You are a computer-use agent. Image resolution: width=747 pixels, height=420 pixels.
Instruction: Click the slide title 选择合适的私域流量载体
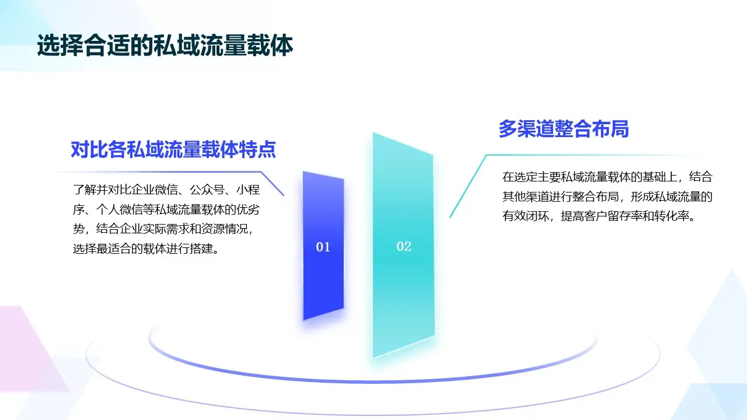[x=165, y=46]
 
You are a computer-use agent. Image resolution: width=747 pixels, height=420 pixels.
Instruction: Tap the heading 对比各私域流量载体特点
[x=173, y=150]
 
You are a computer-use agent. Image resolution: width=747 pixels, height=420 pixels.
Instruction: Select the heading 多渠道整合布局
[x=563, y=128]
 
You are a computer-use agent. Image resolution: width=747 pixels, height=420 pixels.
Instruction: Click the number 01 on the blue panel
[x=323, y=247]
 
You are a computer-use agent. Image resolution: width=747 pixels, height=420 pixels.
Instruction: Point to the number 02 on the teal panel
[x=404, y=246]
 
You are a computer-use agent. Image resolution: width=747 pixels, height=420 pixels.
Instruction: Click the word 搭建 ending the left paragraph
[x=196, y=249]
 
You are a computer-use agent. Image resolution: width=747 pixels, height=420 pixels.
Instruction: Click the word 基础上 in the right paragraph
[x=658, y=177]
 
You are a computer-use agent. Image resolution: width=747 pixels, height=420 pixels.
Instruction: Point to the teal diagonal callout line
[x=467, y=187]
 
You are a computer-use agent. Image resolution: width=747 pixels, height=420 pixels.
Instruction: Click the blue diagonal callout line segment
[x=272, y=183]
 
